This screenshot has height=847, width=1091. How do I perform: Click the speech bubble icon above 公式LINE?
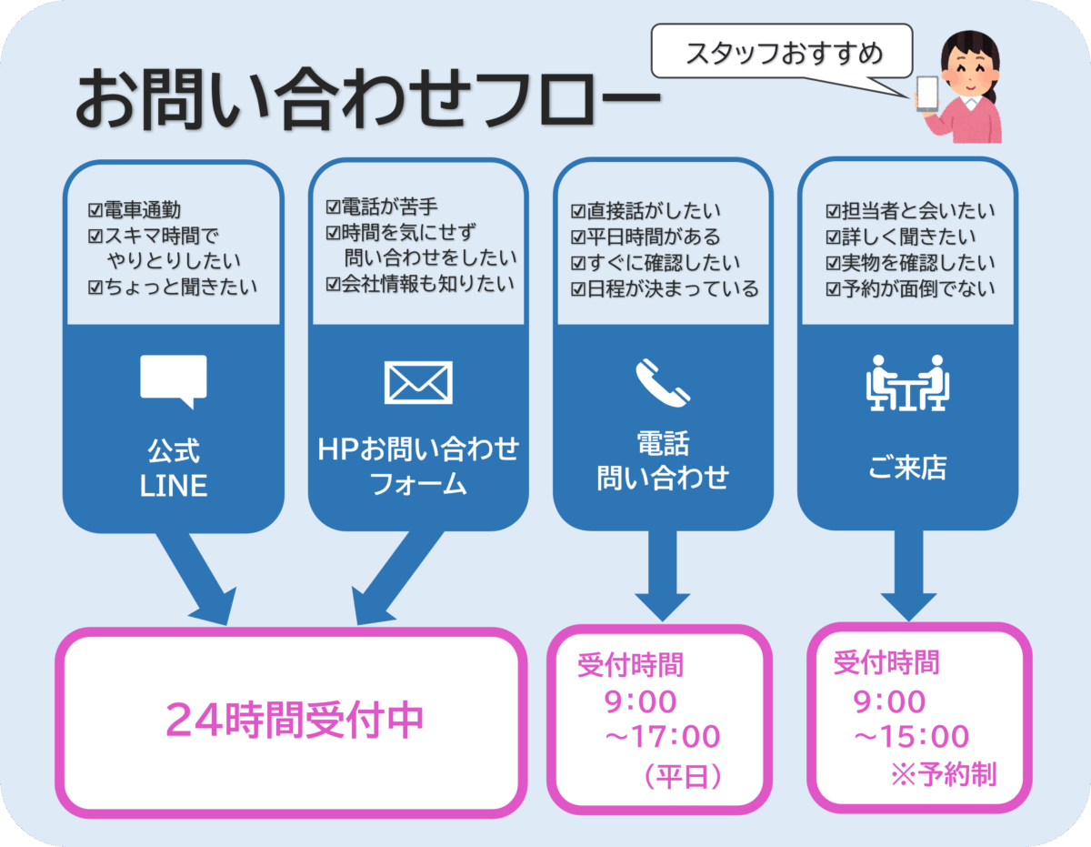point(174,379)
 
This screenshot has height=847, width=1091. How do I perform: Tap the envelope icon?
point(418,382)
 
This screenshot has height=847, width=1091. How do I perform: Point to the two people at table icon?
point(906,382)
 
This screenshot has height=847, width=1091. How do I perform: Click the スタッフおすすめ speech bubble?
point(783,54)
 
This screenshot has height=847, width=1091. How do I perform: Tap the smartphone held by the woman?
point(927,93)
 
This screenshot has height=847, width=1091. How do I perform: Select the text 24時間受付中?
point(295,721)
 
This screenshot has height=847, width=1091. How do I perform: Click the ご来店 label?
point(906,469)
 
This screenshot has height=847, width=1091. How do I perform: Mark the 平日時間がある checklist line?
point(645,237)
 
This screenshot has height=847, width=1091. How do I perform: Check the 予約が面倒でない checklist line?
point(910,289)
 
